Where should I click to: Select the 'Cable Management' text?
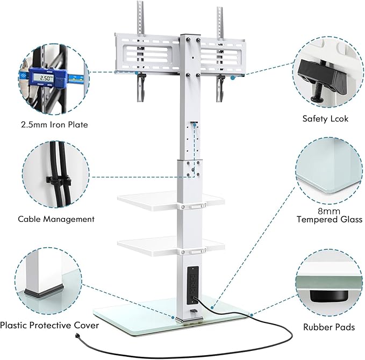coord(56,219)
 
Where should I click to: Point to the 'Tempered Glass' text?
coord(330,220)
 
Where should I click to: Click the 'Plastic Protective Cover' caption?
coord(49,325)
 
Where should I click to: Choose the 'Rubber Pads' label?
coord(329,326)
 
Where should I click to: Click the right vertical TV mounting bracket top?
coord(220,19)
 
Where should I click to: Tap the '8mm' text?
coord(330,211)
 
